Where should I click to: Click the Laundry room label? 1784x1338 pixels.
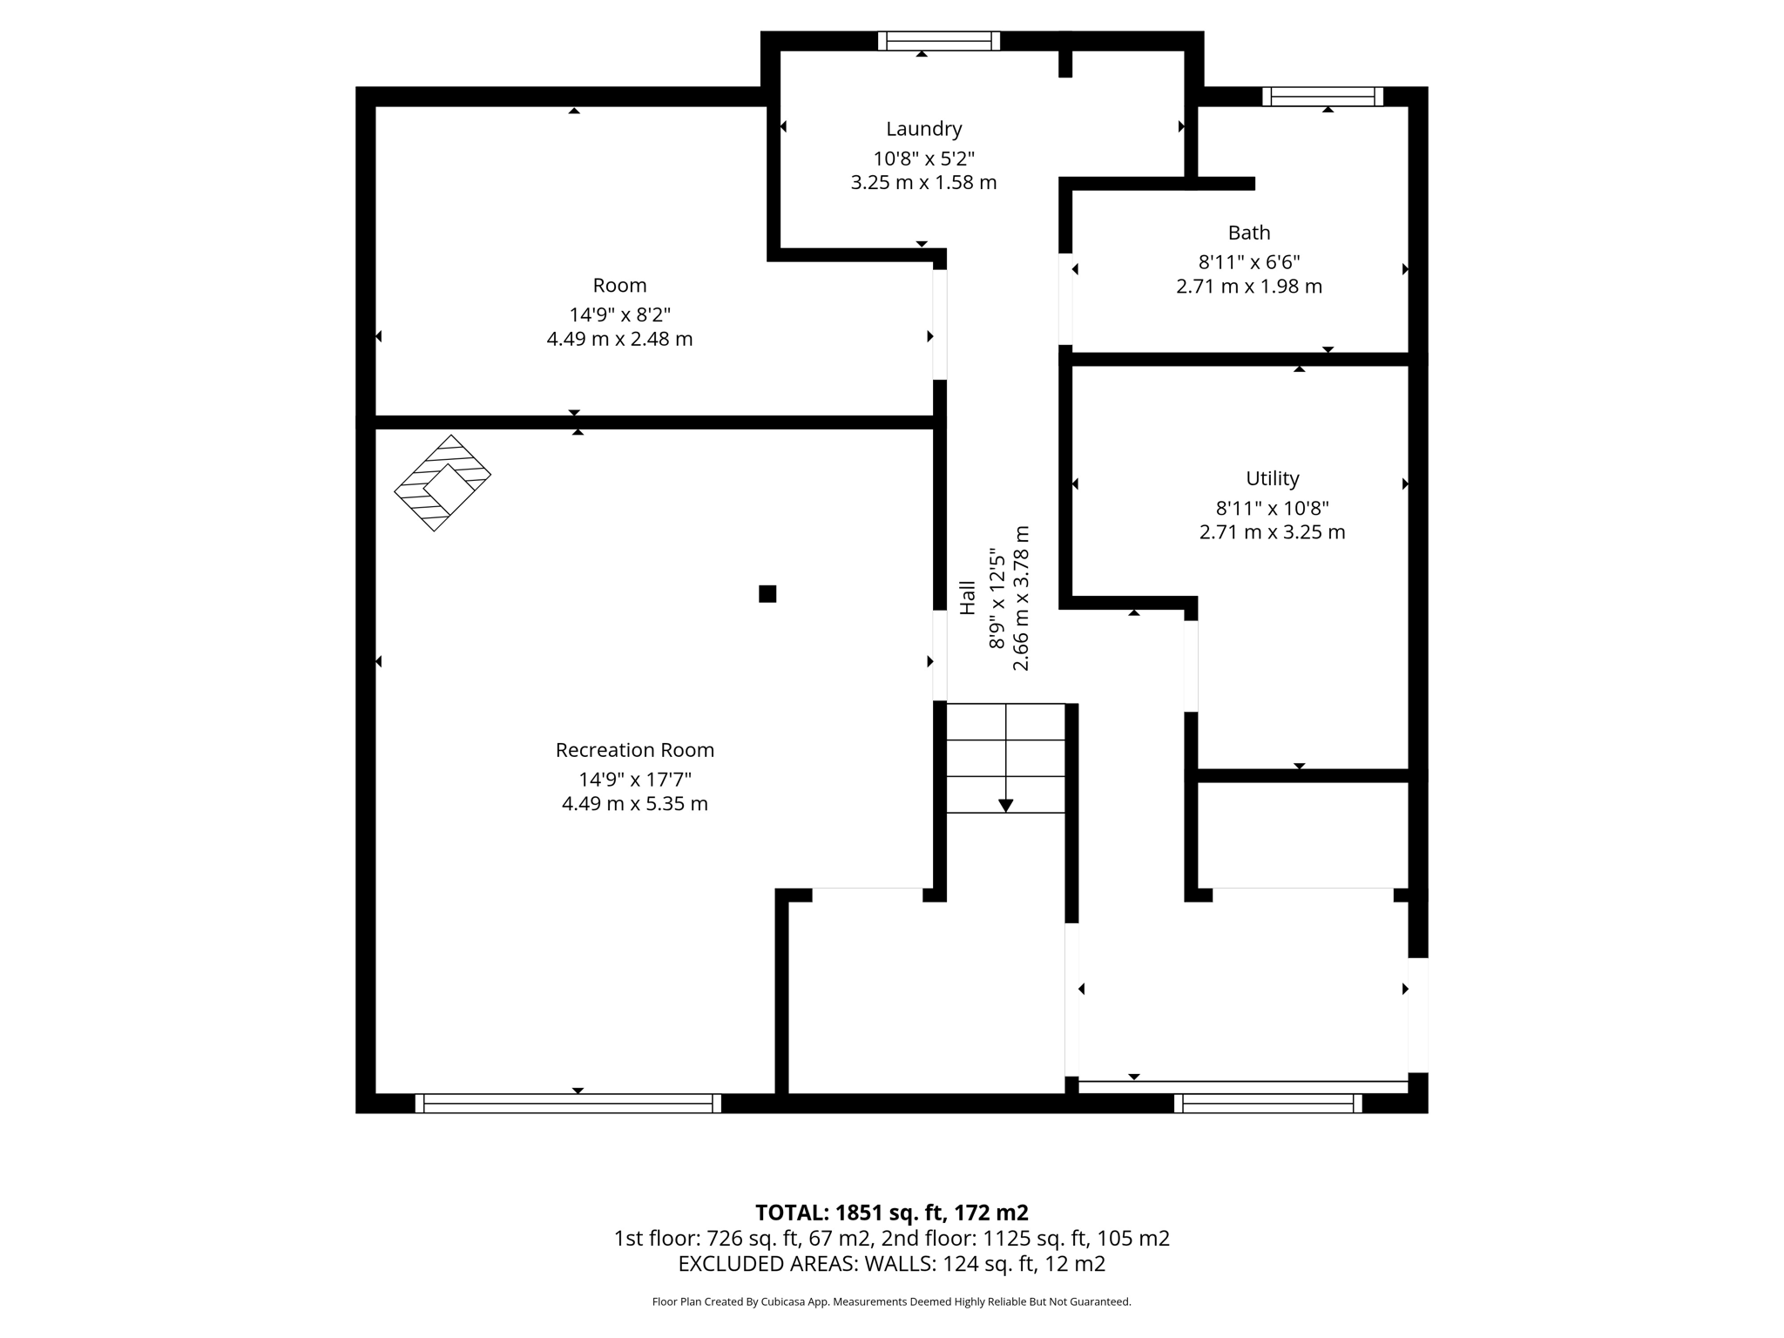click(x=923, y=129)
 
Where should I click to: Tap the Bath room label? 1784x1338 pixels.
click(x=1248, y=233)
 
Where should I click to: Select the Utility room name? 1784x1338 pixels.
click(x=1272, y=478)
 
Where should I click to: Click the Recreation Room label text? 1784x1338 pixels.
click(x=634, y=750)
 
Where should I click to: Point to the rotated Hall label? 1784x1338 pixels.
click(x=968, y=598)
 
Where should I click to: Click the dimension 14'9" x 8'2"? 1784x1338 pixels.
click(x=619, y=314)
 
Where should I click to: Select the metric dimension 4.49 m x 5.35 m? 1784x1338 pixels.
click(x=634, y=803)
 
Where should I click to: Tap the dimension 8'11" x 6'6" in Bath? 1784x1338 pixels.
click(x=1248, y=261)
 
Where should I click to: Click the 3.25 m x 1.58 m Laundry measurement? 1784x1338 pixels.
click(x=923, y=183)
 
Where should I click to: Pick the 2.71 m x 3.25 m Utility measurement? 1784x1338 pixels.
click(x=1272, y=532)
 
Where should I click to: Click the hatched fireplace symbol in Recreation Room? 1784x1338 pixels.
click(x=443, y=483)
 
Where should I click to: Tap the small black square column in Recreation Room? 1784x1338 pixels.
click(x=767, y=594)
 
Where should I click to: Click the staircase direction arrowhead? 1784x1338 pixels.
click(x=1005, y=806)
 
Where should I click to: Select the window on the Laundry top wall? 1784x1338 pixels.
click(x=938, y=41)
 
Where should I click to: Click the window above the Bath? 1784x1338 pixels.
click(x=1322, y=97)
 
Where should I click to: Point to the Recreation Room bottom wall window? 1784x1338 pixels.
click(x=568, y=1104)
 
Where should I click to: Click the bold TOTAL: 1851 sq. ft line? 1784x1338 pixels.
click(x=891, y=1213)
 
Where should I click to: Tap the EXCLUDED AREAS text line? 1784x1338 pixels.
click(x=891, y=1263)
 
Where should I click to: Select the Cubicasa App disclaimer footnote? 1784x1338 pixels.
click(x=891, y=1301)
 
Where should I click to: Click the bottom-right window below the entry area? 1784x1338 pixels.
click(x=1267, y=1104)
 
